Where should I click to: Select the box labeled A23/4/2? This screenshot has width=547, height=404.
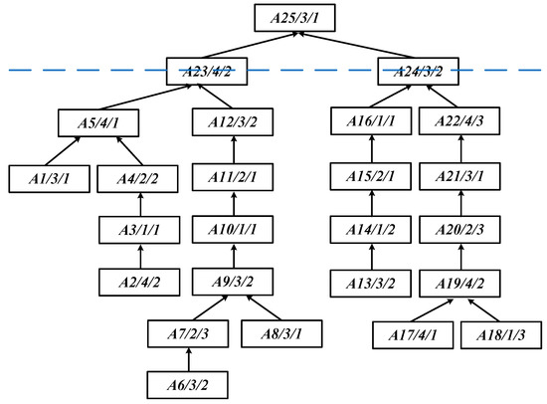pos(207,71)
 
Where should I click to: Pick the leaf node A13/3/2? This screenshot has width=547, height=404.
pos(370,282)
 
